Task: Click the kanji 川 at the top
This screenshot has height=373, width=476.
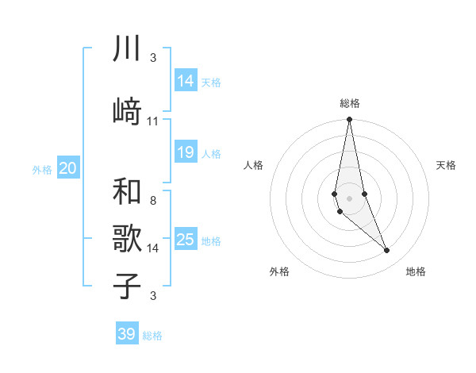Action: (x=127, y=49)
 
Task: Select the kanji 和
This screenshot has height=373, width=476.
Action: (x=127, y=190)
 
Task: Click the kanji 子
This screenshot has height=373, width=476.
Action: (x=127, y=286)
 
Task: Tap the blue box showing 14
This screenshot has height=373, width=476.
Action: (x=186, y=80)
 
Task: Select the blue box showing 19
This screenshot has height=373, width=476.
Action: (x=186, y=152)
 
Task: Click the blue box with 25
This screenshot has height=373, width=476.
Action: (x=186, y=239)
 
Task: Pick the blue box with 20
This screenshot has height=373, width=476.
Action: (x=68, y=168)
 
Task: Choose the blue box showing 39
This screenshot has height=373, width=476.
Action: (x=127, y=334)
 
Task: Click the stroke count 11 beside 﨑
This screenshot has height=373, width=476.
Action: (x=153, y=121)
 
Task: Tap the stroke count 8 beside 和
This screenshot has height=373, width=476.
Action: (x=152, y=201)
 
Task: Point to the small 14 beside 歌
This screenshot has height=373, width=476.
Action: (x=153, y=248)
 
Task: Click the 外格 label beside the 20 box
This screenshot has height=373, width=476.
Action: (x=42, y=169)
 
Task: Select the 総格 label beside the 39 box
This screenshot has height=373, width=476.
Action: (x=152, y=336)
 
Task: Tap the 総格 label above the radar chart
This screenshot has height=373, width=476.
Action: (x=349, y=103)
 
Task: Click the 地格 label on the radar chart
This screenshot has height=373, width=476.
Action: (x=416, y=271)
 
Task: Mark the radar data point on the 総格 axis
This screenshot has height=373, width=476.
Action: (x=349, y=120)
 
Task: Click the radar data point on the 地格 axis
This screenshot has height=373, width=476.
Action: (x=387, y=251)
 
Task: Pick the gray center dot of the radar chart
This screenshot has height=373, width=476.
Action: (x=349, y=198)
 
